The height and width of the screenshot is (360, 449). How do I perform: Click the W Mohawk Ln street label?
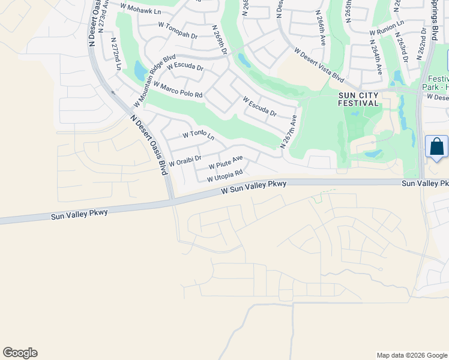pyautogui.click(x=140, y=9)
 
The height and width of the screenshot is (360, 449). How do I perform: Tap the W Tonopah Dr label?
pyautogui.click(x=178, y=30)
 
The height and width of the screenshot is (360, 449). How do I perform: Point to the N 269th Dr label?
pyautogui.click(x=220, y=40)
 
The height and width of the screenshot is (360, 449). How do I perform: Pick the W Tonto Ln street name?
pyautogui.click(x=198, y=135)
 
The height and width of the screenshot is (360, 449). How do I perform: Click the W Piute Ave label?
pyautogui.click(x=226, y=162)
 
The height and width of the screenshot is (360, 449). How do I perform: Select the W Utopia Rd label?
pyautogui.click(x=224, y=176)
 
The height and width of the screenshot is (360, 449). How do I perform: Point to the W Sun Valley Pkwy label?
pyautogui.click(x=254, y=187)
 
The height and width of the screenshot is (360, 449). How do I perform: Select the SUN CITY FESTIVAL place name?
pyautogui.click(x=359, y=99)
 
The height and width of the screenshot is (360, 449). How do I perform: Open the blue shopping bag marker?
pyautogui.click(x=436, y=147)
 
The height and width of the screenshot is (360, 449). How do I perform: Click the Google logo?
pyautogui.click(x=20, y=353)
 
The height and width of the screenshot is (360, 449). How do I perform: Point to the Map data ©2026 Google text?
pyautogui.click(x=412, y=355)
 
